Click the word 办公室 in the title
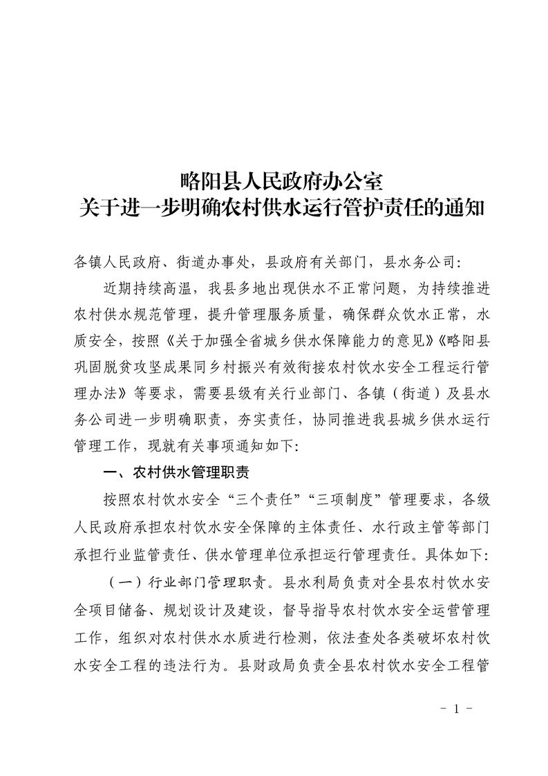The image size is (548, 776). pos(349,182)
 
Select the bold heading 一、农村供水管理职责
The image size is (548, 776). pos(176,474)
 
